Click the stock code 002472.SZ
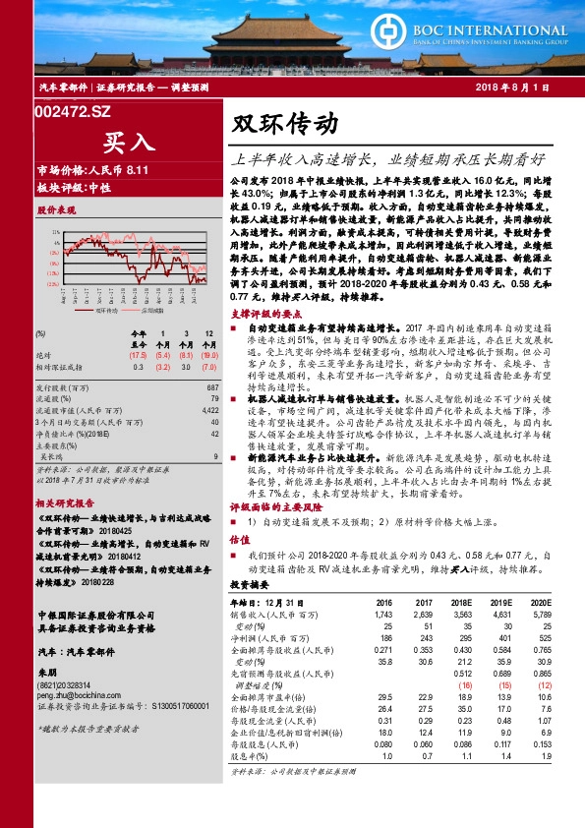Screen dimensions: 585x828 click(x=72, y=113)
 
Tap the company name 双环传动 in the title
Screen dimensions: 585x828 click(x=285, y=125)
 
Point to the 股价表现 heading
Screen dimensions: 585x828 click(x=56, y=210)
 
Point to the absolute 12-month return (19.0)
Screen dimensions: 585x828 click(x=208, y=356)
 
